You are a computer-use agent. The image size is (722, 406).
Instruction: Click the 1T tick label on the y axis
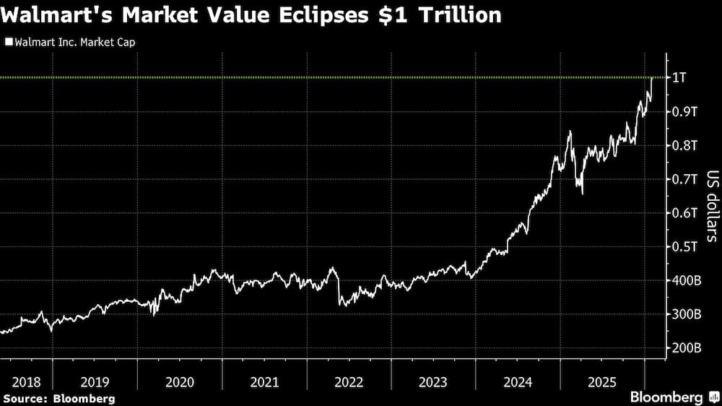pyautogui.click(x=679, y=77)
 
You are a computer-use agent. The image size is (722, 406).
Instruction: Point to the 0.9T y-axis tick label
pyautogui.click(x=684, y=111)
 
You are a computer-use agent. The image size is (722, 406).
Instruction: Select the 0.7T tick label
pyautogui.click(x=684, y=179)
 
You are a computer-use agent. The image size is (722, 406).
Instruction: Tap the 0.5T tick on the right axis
pyautogui.click(x=684, y=246)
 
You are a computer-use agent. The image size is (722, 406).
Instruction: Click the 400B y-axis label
pyautogui.click(x=687, y=280)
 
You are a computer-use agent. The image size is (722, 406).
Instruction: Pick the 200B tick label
pyautogui.click(x=687, y=348)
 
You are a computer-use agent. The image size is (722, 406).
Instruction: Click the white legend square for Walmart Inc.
pyautogui.click(x=8, y=42)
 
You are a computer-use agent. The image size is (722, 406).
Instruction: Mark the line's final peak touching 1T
pyautogui.click(x=651, y=78)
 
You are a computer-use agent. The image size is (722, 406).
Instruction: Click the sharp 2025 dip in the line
pyautogui.click(x=582, y=193)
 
